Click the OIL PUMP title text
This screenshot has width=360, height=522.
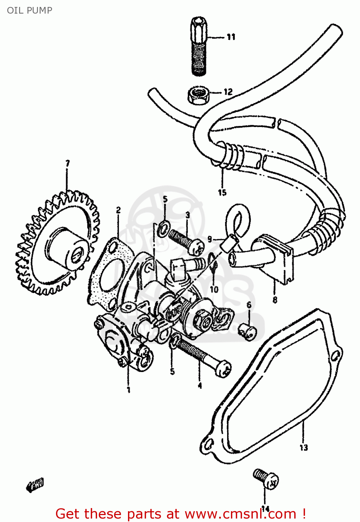point(30,10)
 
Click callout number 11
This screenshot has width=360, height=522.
point(231,37)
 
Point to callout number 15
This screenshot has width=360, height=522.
point(222,192)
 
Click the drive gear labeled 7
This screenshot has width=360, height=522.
point(56,244)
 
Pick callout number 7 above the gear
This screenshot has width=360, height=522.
point(67,163)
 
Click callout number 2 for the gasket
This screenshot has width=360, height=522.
point(118,210)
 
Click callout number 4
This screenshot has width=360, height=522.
point(200,386)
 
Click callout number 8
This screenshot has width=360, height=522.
point(275,300)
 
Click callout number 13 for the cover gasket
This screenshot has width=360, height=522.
point(304,448)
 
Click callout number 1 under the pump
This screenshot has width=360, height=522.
point(128,389)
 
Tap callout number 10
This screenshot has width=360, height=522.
point(214,289)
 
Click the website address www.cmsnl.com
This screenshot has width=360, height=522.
point(240,514)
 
